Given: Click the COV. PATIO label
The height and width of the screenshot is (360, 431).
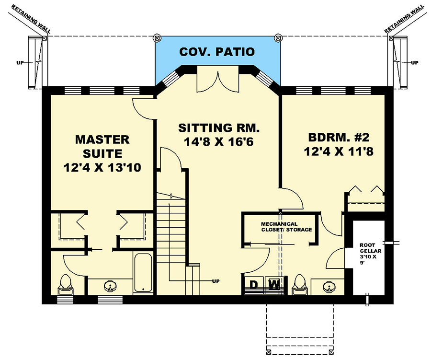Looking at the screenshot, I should coord(216,52).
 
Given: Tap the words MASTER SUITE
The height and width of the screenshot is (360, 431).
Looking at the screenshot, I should coord(102,147).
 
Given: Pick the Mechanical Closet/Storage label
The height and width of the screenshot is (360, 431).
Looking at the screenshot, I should coord(286,227).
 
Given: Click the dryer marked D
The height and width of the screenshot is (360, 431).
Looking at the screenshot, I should coord(255,285).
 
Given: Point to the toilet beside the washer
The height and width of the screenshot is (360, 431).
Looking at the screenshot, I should coord(300,284).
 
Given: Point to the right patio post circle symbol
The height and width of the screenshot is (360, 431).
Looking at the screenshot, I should coord(277,37).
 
